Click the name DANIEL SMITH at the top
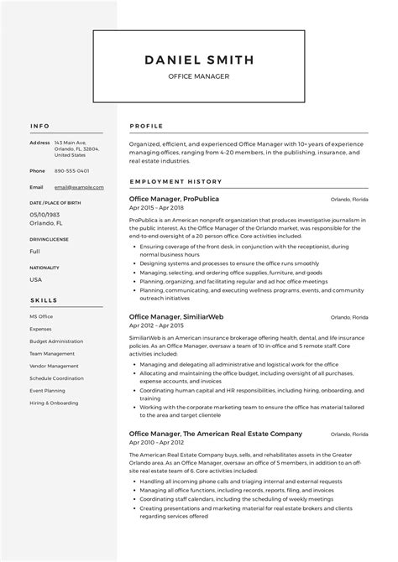tap(198, 59)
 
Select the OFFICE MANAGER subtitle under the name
tap(198, 76)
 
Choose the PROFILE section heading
tap(146, 127)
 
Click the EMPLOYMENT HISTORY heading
tap(175, 181)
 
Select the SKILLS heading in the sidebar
tap(44, 299)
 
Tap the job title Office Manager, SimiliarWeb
tap(177, 317)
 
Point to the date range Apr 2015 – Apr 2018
tap(157, 207)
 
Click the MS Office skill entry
tap(41, 316)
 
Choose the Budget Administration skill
tap(57, 341)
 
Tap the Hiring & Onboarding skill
tap(55, 403)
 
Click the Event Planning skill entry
tap(48, 390)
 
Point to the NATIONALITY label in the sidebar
tap(45, 268)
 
